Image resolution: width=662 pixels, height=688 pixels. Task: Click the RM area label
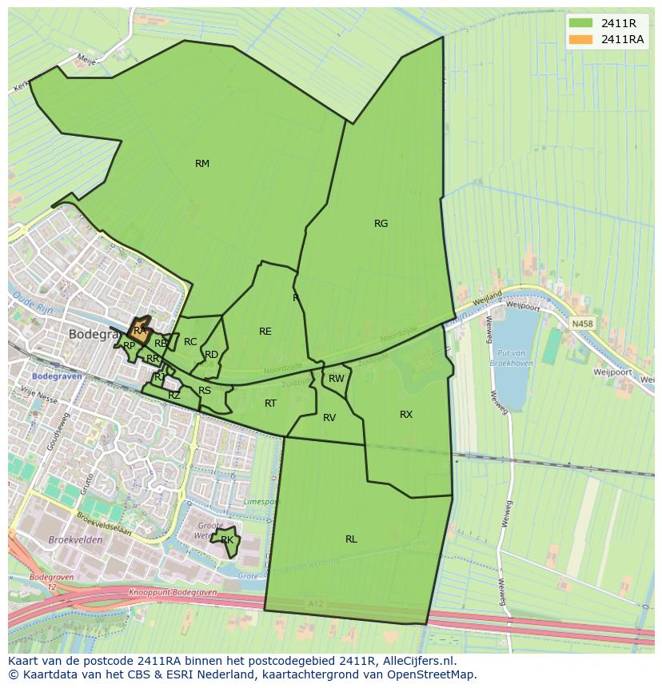202,164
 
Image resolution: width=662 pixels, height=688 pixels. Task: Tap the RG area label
381,224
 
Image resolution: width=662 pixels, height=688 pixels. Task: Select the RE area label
265,332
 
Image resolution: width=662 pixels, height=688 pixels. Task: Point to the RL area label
351,539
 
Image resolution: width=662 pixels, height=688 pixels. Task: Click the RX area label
406,414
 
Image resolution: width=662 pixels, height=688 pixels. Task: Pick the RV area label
329,418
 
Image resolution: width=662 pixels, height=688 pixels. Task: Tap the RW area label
337,379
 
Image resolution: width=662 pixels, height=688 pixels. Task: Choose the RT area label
270,404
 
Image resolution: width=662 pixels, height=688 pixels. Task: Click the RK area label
227,540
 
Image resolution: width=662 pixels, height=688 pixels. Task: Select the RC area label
190,342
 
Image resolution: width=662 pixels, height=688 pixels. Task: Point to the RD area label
211,355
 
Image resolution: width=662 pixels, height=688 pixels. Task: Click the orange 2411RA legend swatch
581,39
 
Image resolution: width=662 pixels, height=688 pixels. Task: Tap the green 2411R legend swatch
581,23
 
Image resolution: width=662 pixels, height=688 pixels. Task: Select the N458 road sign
582,324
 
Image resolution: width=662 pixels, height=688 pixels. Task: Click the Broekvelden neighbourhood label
75,540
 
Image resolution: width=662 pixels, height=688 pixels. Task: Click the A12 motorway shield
316,603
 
